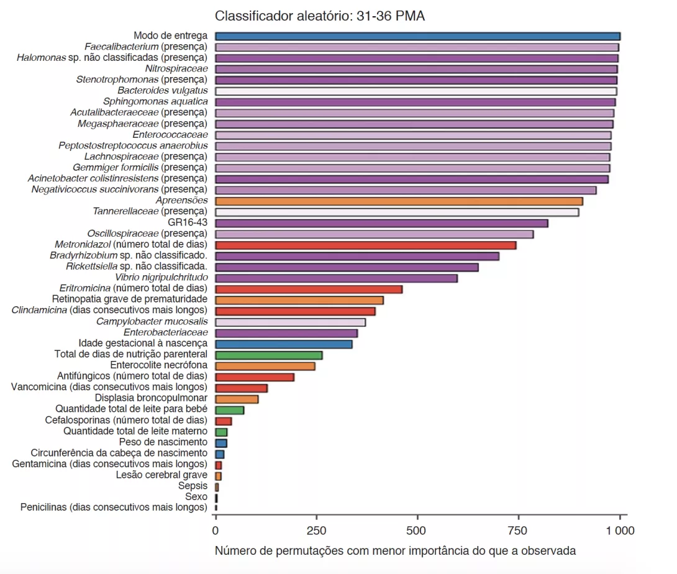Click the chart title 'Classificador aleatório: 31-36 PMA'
click(x=320, y=16)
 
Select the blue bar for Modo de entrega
click(x=417, y=36)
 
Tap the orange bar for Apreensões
click(x=399, y=201)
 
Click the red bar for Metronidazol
click(x=365, y=245)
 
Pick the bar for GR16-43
click(x=381, y=223)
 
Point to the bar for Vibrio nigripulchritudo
click(x=336, y=278)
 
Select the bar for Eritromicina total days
click(x=309, y=289)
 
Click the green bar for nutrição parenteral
click(x=268, y=355)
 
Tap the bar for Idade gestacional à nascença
click(x=283, y=344)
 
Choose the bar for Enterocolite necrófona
click(x=265, y=366)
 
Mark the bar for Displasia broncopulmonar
click(x=236, y=399)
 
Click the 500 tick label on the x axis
click(x=417, y=531)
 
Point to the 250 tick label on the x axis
click(x=317, y=531)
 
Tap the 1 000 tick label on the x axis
click(x=620, y=531)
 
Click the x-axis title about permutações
click(x=395, y=550)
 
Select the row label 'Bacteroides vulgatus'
click(x=163, y=91)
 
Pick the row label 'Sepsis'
click(x=193, y=486)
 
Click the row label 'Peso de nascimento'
click(x=163, y=442)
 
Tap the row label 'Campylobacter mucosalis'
click(x=152, y=322)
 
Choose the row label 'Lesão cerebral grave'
click(x=161, y=475)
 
